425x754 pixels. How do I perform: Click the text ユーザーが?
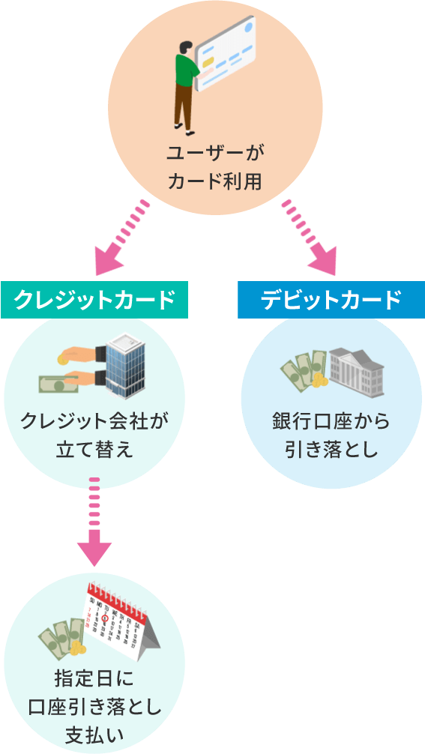pos(215,153)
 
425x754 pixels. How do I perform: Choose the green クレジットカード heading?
pos(94,300)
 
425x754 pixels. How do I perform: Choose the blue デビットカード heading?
pos(331,300)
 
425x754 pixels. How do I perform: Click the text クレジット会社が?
pos(94,421)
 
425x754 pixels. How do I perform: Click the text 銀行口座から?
pos(331,421)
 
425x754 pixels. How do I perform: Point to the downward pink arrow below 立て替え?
pos(94,525)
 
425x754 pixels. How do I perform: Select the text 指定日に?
pos(94,680)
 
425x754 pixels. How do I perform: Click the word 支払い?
pos(94,732)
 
